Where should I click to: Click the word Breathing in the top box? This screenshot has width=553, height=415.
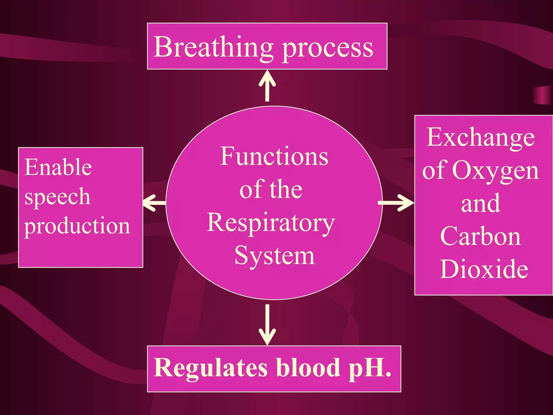pos(213,47)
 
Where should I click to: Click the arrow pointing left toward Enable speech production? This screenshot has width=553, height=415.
pos(154,203)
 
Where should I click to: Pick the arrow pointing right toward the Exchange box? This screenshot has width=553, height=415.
pos(396,203)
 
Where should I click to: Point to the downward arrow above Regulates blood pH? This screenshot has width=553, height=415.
pos(267,324)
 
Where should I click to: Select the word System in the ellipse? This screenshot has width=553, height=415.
pos(275,255)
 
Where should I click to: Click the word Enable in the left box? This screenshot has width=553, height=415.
pos(58,167)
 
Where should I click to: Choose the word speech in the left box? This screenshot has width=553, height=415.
pos(57,197)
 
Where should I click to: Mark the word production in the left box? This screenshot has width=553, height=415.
pos(77,226)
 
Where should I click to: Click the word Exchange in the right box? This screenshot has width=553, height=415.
pos(481,137)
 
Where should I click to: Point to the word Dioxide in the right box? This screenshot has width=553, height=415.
pos(484,269)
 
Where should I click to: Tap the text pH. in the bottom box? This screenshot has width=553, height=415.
pos(370,368)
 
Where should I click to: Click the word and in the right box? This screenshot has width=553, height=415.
pos(481,203)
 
